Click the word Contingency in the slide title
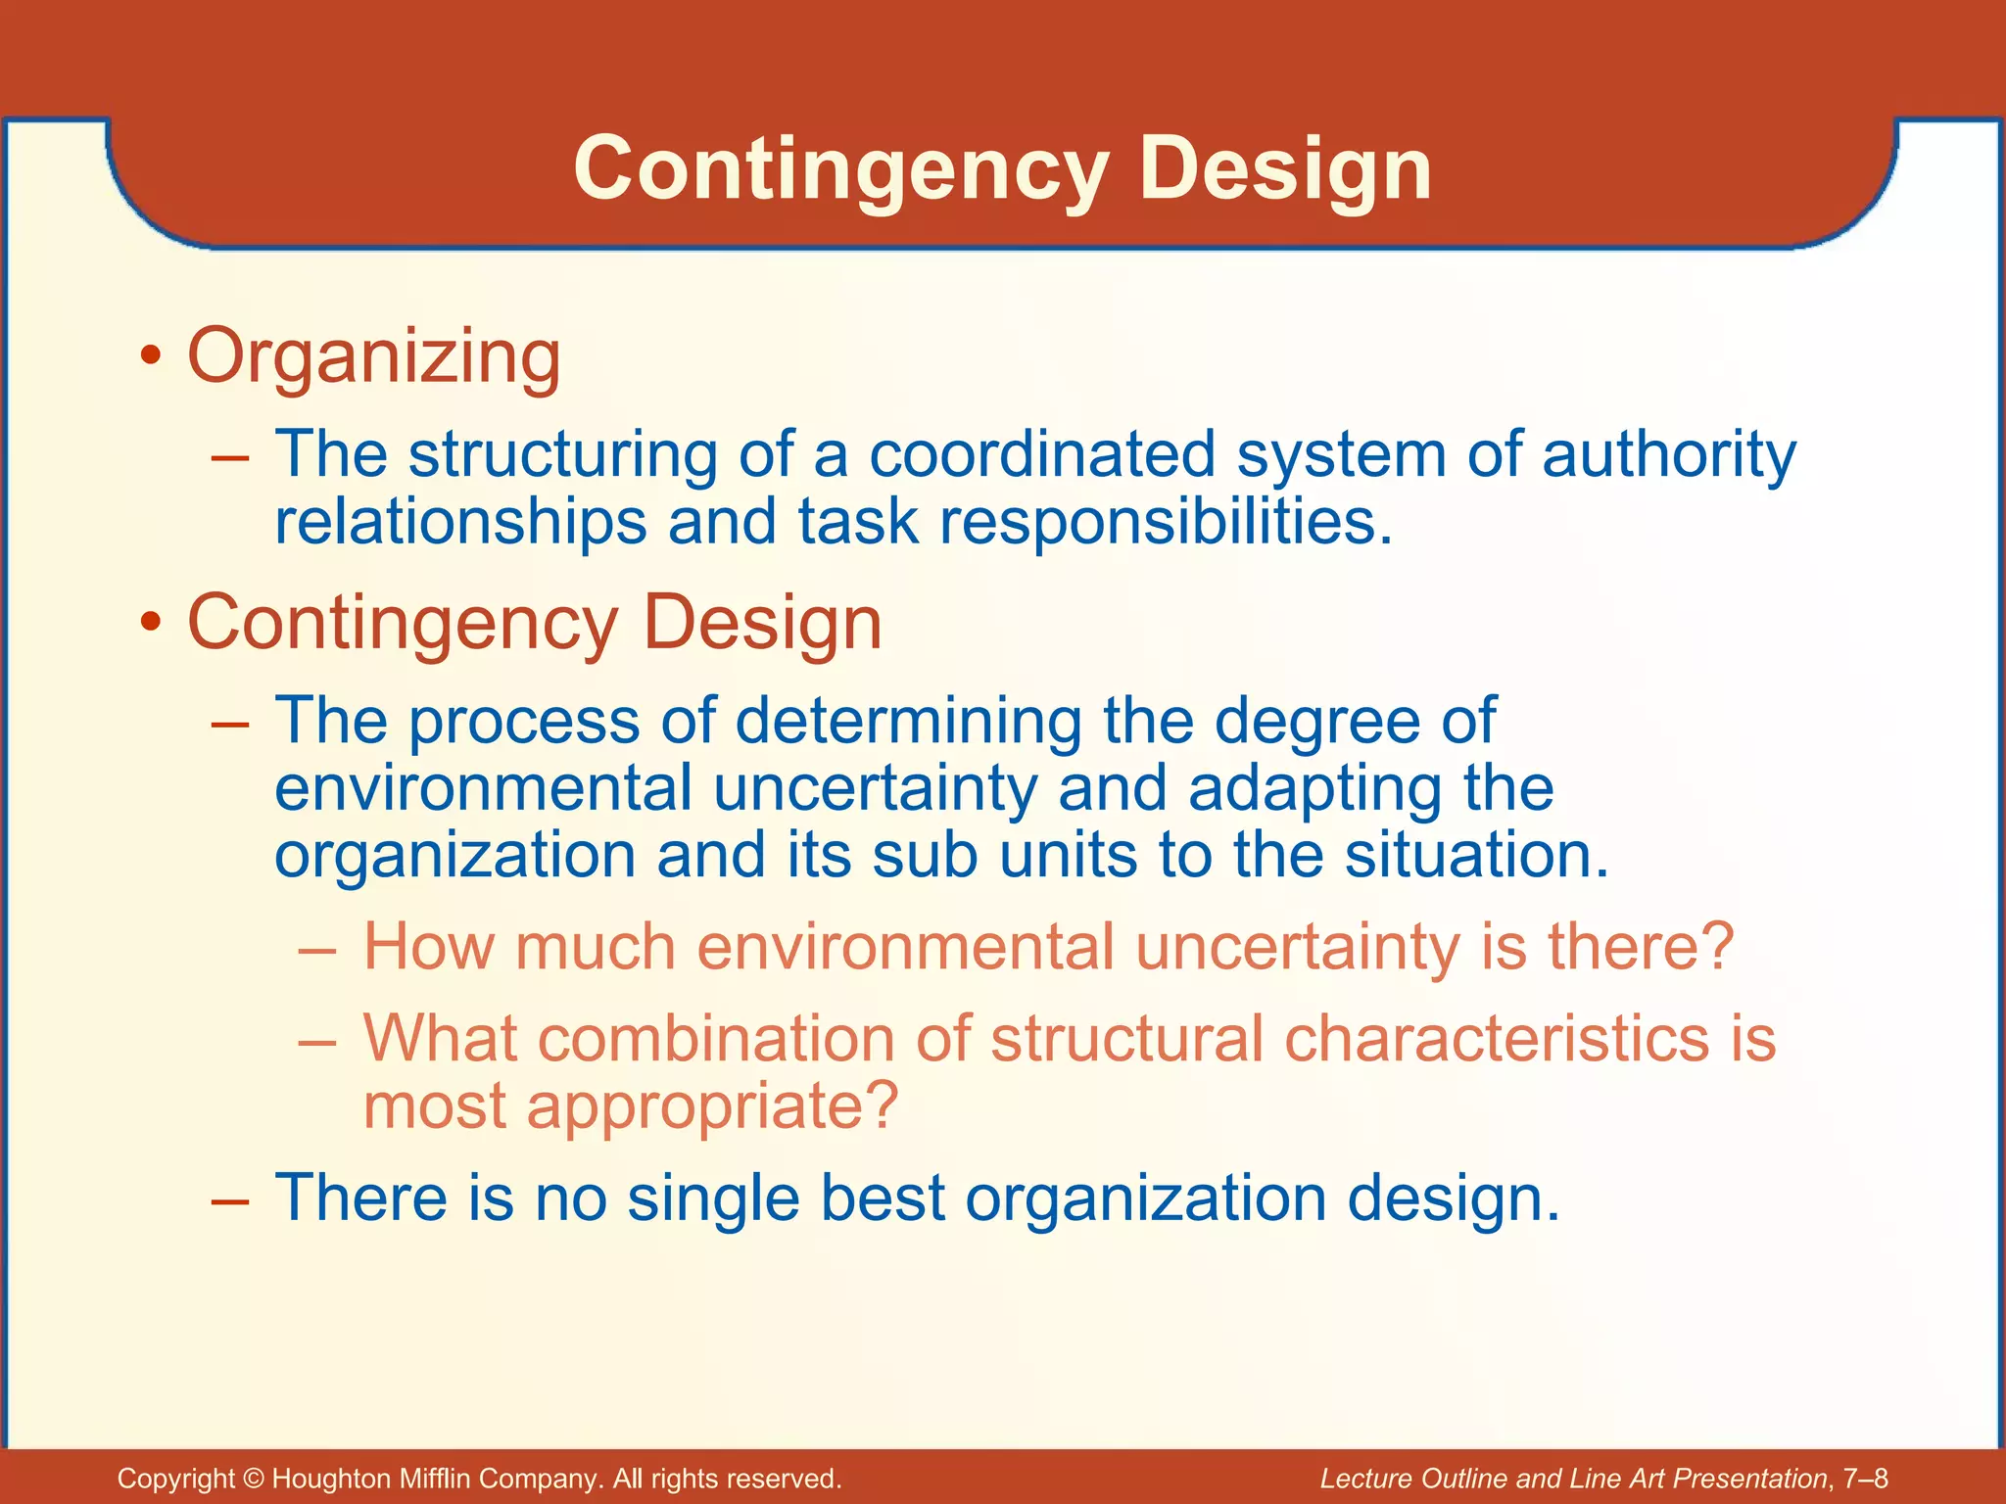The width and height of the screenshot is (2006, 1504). click(840, 170)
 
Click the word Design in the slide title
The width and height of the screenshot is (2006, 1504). click(1284, 170)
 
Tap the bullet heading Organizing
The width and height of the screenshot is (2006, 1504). click(374, 356)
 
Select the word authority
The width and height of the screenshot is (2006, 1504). click(1669, 456)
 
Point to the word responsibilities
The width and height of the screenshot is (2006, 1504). click(1166, 521)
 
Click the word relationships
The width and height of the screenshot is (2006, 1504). click(460, 521)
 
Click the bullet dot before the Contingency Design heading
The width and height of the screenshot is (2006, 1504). click(149, 624)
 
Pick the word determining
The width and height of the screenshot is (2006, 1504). click(908, 721)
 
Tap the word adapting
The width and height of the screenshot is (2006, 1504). click(1314, 789)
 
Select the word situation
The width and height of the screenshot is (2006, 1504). click(1476, 855)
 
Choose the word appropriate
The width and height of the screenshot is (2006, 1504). click(712, 1106)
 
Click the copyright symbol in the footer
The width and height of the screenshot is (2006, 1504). click(254, 1479)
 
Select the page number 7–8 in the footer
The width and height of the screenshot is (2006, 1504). click(1865, 1479)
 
